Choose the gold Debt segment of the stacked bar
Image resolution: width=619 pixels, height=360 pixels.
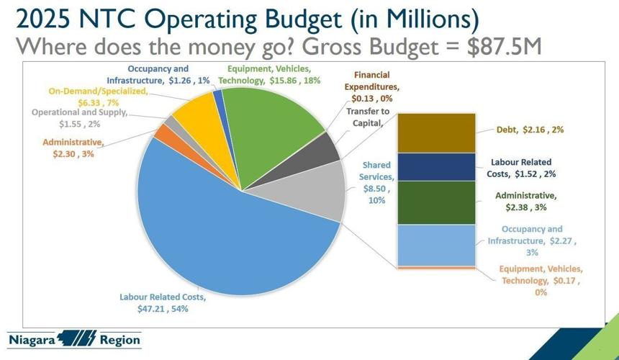436,132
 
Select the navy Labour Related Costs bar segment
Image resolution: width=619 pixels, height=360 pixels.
436,166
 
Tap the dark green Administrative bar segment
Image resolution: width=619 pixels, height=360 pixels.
436,202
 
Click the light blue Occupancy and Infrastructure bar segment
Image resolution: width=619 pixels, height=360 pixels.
436,245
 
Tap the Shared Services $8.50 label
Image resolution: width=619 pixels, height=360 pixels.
376,181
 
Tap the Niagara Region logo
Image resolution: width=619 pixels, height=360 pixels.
75,339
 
